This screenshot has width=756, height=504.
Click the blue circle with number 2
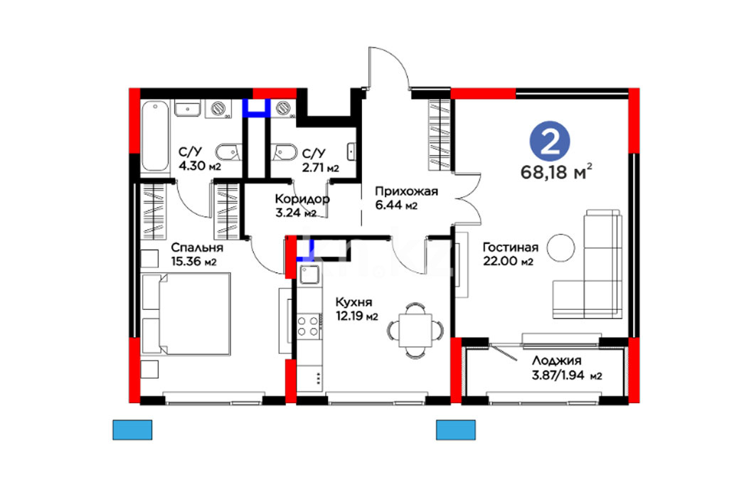click(550, 141)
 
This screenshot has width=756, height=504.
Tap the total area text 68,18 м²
click(556, 171)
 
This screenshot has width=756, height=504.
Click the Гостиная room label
click(510, 247)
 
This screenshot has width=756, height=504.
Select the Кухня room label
click(354, 303)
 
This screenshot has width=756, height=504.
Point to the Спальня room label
click(197, 247)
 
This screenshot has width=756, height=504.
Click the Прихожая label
click(406, 192)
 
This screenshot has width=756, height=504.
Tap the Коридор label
click(302, 199)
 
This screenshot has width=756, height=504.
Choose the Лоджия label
click(557, 360)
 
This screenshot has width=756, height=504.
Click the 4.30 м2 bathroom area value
click(200, 167)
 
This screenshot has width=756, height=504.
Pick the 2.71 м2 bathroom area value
click(321, 168)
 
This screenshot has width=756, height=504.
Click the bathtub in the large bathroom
click(155, 136)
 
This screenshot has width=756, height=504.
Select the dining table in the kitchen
click(415, 331)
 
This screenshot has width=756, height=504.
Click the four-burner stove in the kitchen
click(308, 326)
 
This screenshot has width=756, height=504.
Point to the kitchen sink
click(309, 274)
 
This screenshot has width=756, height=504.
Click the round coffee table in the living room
click(560, 247)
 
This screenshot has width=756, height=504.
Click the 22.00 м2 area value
click(509, 261)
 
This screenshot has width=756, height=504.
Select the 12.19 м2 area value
click(357, 316)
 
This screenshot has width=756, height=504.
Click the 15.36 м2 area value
click(194, 262)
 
